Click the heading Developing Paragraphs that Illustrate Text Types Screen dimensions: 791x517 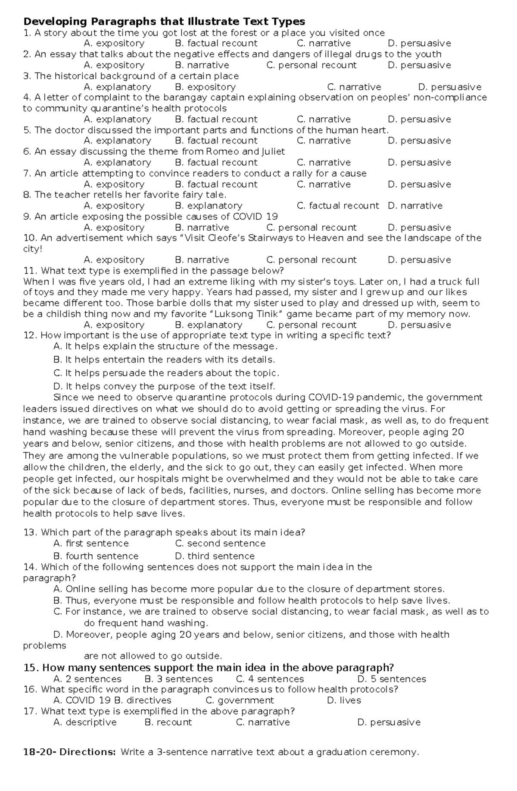[164, 22]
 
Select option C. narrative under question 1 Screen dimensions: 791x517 [324, 44]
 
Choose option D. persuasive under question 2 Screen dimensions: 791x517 [419, 65]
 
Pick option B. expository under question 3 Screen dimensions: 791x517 [205, 87]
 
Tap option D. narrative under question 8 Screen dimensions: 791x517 [415, 206]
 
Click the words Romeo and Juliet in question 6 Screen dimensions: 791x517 [246, 152]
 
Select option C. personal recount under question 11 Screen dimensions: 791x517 [311, 325]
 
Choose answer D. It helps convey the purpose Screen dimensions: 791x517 [164, 386]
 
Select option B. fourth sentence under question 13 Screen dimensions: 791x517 [96, 556]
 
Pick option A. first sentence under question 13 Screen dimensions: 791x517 [91, 544]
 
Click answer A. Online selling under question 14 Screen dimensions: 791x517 [249, 589]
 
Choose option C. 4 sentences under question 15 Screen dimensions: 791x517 [270, 679]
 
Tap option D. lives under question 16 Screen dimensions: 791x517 [344, 700]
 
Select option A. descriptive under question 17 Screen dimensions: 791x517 [85, 722]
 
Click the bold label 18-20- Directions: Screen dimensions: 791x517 [69, 752]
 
